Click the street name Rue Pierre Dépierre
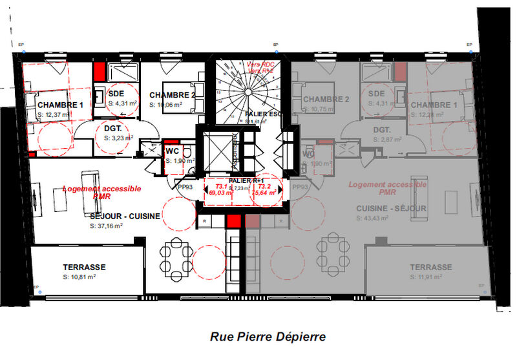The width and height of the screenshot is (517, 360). (x=268, y=337)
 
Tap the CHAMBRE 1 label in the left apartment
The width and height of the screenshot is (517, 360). (x=60, y=105)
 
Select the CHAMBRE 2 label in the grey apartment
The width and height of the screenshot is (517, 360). (x=326, y=99)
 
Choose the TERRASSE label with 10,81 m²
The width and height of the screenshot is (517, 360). (x=84, y=267)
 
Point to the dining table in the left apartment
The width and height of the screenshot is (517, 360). (x=174, y=259)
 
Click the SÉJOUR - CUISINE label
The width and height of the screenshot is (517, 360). (x=125, y=217)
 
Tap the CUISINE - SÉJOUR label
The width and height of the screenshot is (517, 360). (x=391, y=209)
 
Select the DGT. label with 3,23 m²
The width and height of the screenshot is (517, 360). (x=114, y=129)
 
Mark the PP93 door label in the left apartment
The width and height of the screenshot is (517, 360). (x=185, y=187)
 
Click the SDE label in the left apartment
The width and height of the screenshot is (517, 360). (x=116, y=93)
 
